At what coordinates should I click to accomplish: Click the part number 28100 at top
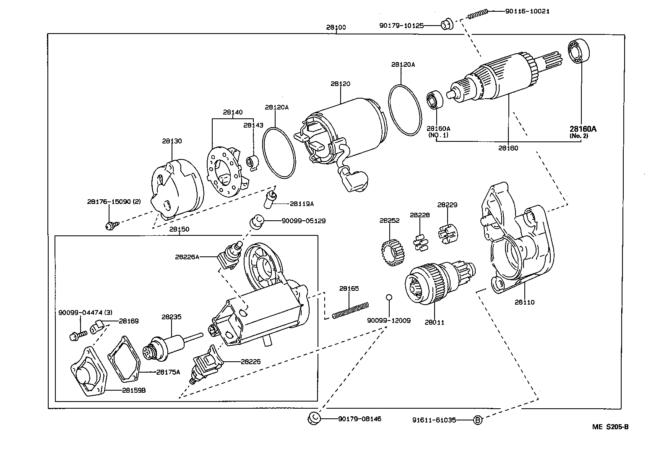336,27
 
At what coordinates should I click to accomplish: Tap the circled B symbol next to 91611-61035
477,420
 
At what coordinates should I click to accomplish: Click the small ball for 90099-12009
389,297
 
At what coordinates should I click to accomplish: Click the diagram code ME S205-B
610,427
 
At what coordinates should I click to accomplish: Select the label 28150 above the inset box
179,229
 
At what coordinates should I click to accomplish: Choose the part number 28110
525,302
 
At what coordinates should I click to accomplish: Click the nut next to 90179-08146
314,418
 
